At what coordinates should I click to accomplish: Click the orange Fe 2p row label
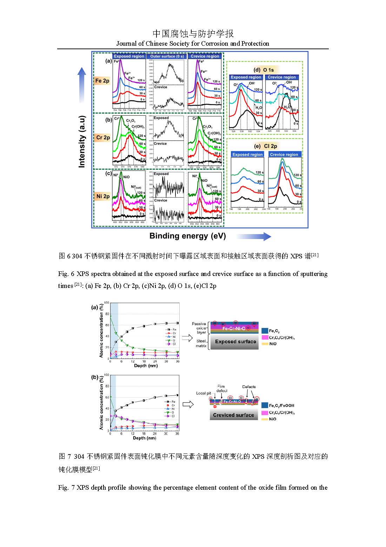click(102, 81)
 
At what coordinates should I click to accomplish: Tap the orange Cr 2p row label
click(102, 138)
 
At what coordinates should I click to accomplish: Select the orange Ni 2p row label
click(102, 197)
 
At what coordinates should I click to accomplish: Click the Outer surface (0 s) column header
click(167, 56)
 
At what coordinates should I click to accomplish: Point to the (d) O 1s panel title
click(264, 70)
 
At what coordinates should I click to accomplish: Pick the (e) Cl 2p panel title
click(266, 146)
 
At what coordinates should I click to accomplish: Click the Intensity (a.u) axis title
click(82, 141)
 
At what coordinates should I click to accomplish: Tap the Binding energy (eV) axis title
click(188, 236)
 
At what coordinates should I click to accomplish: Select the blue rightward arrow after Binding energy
click(253, 237)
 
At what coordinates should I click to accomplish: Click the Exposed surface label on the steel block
click(235, 341)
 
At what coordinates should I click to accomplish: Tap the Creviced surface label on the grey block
click(233, 415)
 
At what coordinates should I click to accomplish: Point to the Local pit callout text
click(204, 393)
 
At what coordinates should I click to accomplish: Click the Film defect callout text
click(222, 388)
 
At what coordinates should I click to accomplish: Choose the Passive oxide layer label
click(199, 328)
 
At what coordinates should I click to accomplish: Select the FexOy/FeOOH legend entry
click(281, 406)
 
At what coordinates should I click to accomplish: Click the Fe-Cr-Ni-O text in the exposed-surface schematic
click(234, 328)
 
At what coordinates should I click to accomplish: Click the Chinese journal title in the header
click(193, 34)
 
